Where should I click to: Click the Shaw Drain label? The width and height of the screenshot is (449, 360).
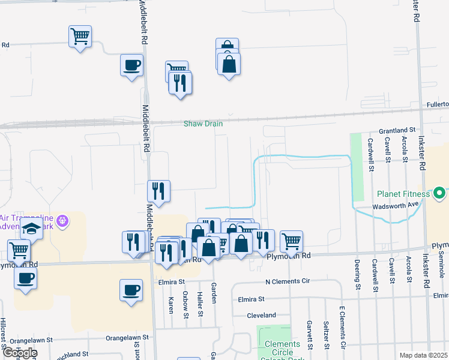point(203,124)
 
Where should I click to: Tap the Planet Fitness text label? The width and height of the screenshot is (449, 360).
point(403,194)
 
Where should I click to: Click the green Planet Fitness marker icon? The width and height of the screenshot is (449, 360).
point(439,193)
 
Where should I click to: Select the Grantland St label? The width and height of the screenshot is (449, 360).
point(396,130)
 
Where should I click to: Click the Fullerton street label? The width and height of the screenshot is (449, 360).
point(438,104)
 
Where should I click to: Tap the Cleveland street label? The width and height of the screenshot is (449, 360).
point(261,315)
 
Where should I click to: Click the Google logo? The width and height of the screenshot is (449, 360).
point(20,353)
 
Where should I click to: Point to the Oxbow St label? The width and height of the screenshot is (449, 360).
point(185,305)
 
